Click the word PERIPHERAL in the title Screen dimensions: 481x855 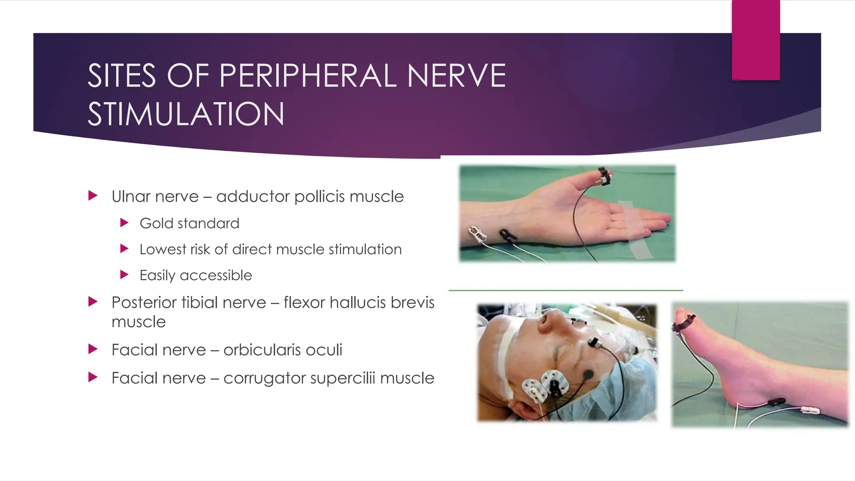coord(308,76)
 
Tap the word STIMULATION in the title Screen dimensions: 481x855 coord(186,114)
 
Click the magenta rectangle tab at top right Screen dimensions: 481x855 coord(756,40)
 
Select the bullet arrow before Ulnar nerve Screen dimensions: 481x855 coord(93,195)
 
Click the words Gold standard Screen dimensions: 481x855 coord(189,223)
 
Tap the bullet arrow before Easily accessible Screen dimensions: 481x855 coord(124,275)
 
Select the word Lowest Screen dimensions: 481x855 coord(162,249)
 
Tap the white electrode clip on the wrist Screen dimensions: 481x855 coord(477,234)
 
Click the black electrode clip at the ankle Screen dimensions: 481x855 coord(776,403)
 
